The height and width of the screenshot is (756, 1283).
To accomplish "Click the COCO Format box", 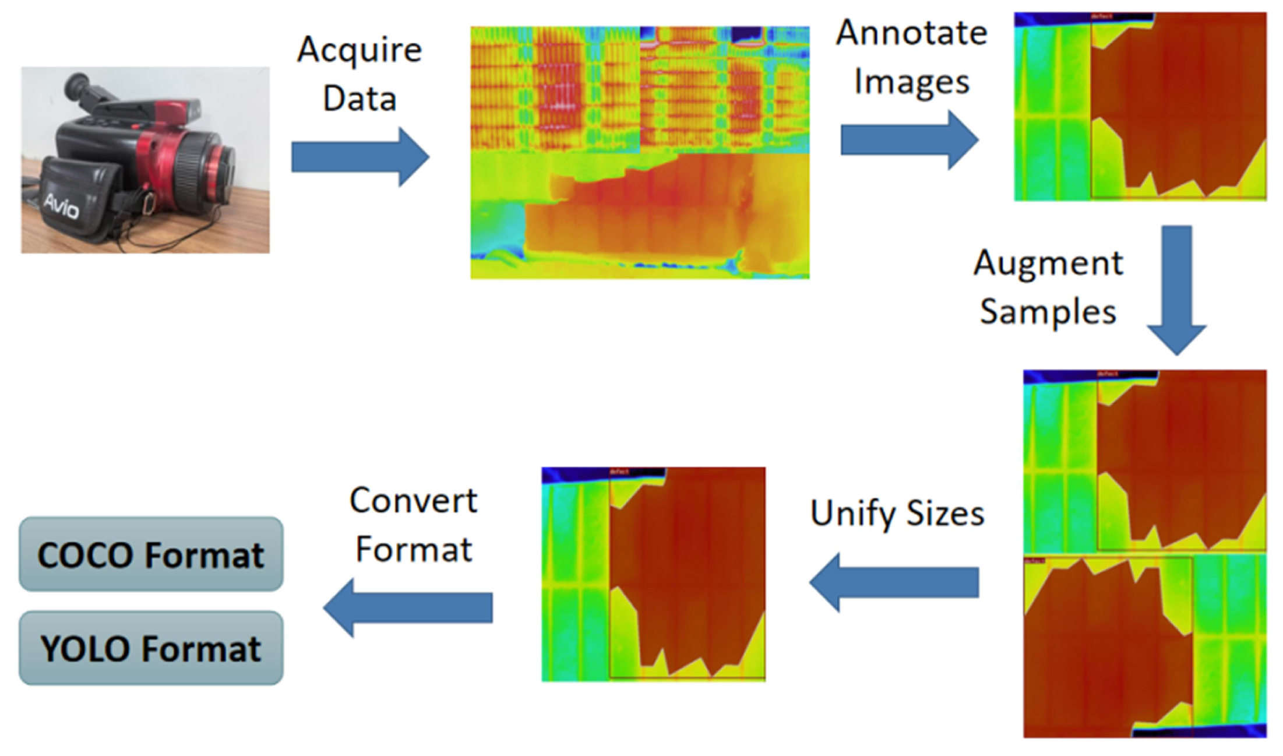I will [151, 554].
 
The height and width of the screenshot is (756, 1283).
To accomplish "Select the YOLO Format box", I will [151, 648].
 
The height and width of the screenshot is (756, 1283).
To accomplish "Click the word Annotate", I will [911, 34].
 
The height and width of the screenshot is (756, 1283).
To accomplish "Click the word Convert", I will [413, 501].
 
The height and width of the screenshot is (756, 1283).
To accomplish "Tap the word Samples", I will [1048, 312].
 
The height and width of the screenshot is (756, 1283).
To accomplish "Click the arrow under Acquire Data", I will [360, 157].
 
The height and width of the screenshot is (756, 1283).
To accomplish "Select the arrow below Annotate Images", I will [909, 140].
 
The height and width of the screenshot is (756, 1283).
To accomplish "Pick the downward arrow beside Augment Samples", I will [1176, 290].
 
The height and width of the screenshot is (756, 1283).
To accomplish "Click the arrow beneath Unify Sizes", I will [894, 582].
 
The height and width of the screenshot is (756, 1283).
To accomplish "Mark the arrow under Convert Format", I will [408, 607].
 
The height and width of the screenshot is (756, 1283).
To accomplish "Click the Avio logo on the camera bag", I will [61, 206].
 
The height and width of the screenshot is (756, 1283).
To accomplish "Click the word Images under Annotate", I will [911, 82].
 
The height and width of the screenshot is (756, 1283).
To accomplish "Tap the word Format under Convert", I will [413, 550].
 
